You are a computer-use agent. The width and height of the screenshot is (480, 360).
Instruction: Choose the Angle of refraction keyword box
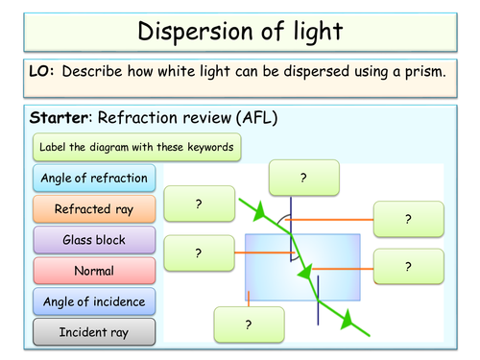pos(93,178)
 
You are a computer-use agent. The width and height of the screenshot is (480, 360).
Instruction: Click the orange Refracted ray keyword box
pos(93,208)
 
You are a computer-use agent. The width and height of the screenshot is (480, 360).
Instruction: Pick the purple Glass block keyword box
pos(93,240)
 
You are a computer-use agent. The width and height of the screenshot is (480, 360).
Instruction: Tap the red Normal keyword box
pos(93,271)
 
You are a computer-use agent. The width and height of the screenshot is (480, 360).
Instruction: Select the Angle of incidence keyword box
pos(93,301)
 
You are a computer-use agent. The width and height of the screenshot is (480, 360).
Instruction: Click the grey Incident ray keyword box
pos(93,332)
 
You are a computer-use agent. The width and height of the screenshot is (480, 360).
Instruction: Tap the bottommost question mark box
pos(249,324)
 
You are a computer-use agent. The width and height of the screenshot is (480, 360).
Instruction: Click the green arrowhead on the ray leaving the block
pos(347,316)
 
